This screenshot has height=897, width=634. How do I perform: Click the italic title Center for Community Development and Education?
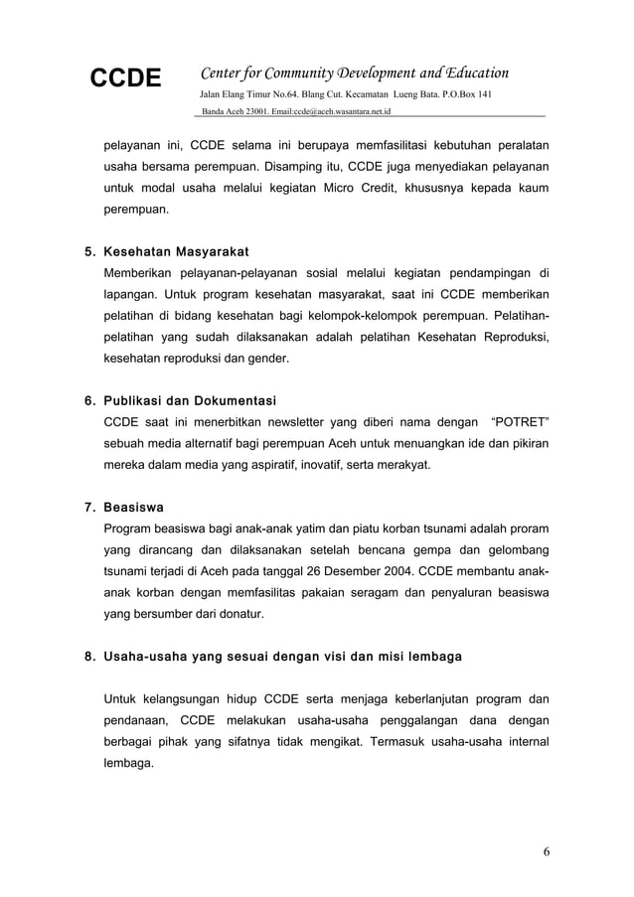[x=355, y=73]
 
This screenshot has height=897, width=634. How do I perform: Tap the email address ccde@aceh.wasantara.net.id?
[x=328, y=110]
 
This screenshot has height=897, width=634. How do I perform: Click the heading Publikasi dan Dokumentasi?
[x=190, y=401]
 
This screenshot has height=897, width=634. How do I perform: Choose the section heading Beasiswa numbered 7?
[x=134, y=506]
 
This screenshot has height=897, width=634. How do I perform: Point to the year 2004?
[x=396, y=571]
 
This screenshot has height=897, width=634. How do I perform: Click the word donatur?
[x=238, y=615]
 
